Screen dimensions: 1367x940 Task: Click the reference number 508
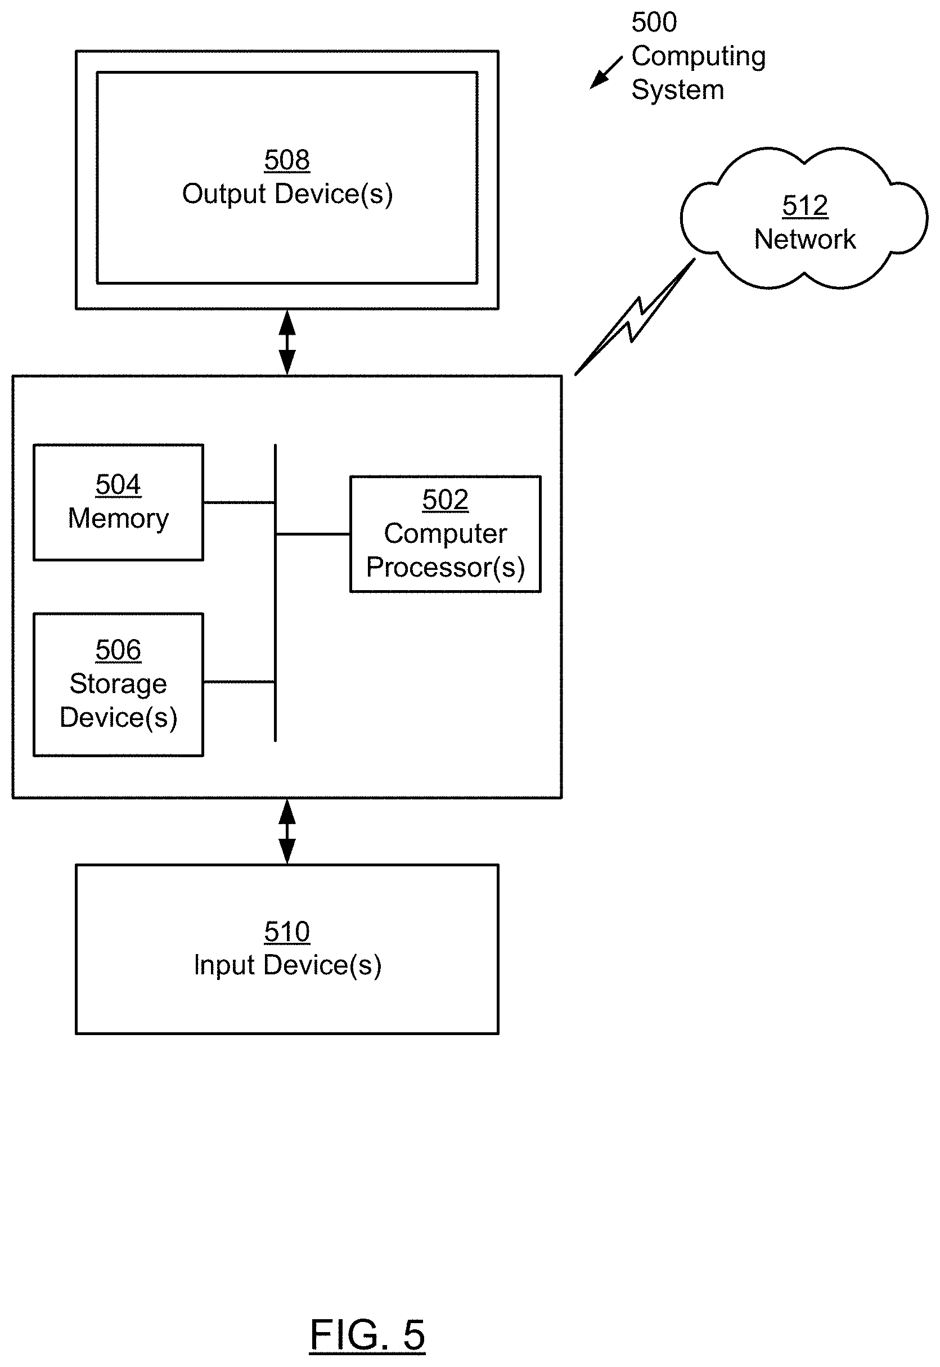(x=287, y=160)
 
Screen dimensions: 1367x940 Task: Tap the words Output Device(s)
(x=287, y=194)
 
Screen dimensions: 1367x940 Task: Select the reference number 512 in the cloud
(x=804, y=206)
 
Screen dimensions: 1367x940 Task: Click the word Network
(x=804, y=240)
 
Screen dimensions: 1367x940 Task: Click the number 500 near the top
(x=654, y=23)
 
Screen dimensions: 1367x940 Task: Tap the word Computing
(x=699, y=57)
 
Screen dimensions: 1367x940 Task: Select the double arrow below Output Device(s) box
(x=287, y=342)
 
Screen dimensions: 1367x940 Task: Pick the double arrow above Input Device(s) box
(x=287, y=831)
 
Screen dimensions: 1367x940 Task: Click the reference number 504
(x=118, y=485)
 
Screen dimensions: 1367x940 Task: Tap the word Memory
(x=118, y=519)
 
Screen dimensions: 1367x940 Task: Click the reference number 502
(x=446, y=500)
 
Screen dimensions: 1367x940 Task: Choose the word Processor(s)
(x=446, y=568)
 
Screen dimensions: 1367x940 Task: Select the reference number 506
(x=118, y=650)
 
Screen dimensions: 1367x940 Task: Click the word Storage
(x=118, y=684)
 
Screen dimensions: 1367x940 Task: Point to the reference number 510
(x=287, y=932)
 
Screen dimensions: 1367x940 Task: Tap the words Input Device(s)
(x=287, y=965)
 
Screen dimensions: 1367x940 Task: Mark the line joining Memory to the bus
(x=239, y=502)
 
